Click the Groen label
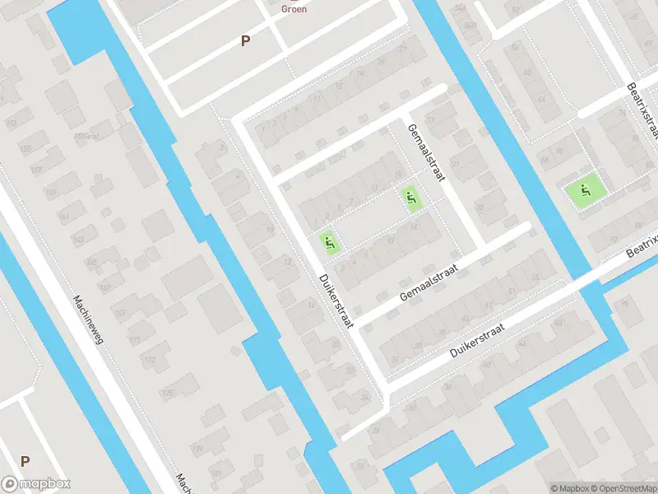pos(294,10)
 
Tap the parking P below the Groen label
pos(245,40)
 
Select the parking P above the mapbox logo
pos(25,461)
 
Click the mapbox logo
pos(35,484)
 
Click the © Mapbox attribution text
pos(568,487)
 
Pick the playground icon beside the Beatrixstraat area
pos(585,192)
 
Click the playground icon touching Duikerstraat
pos(330,242)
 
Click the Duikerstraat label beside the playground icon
pos(336,301)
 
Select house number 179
pos(197,449)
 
